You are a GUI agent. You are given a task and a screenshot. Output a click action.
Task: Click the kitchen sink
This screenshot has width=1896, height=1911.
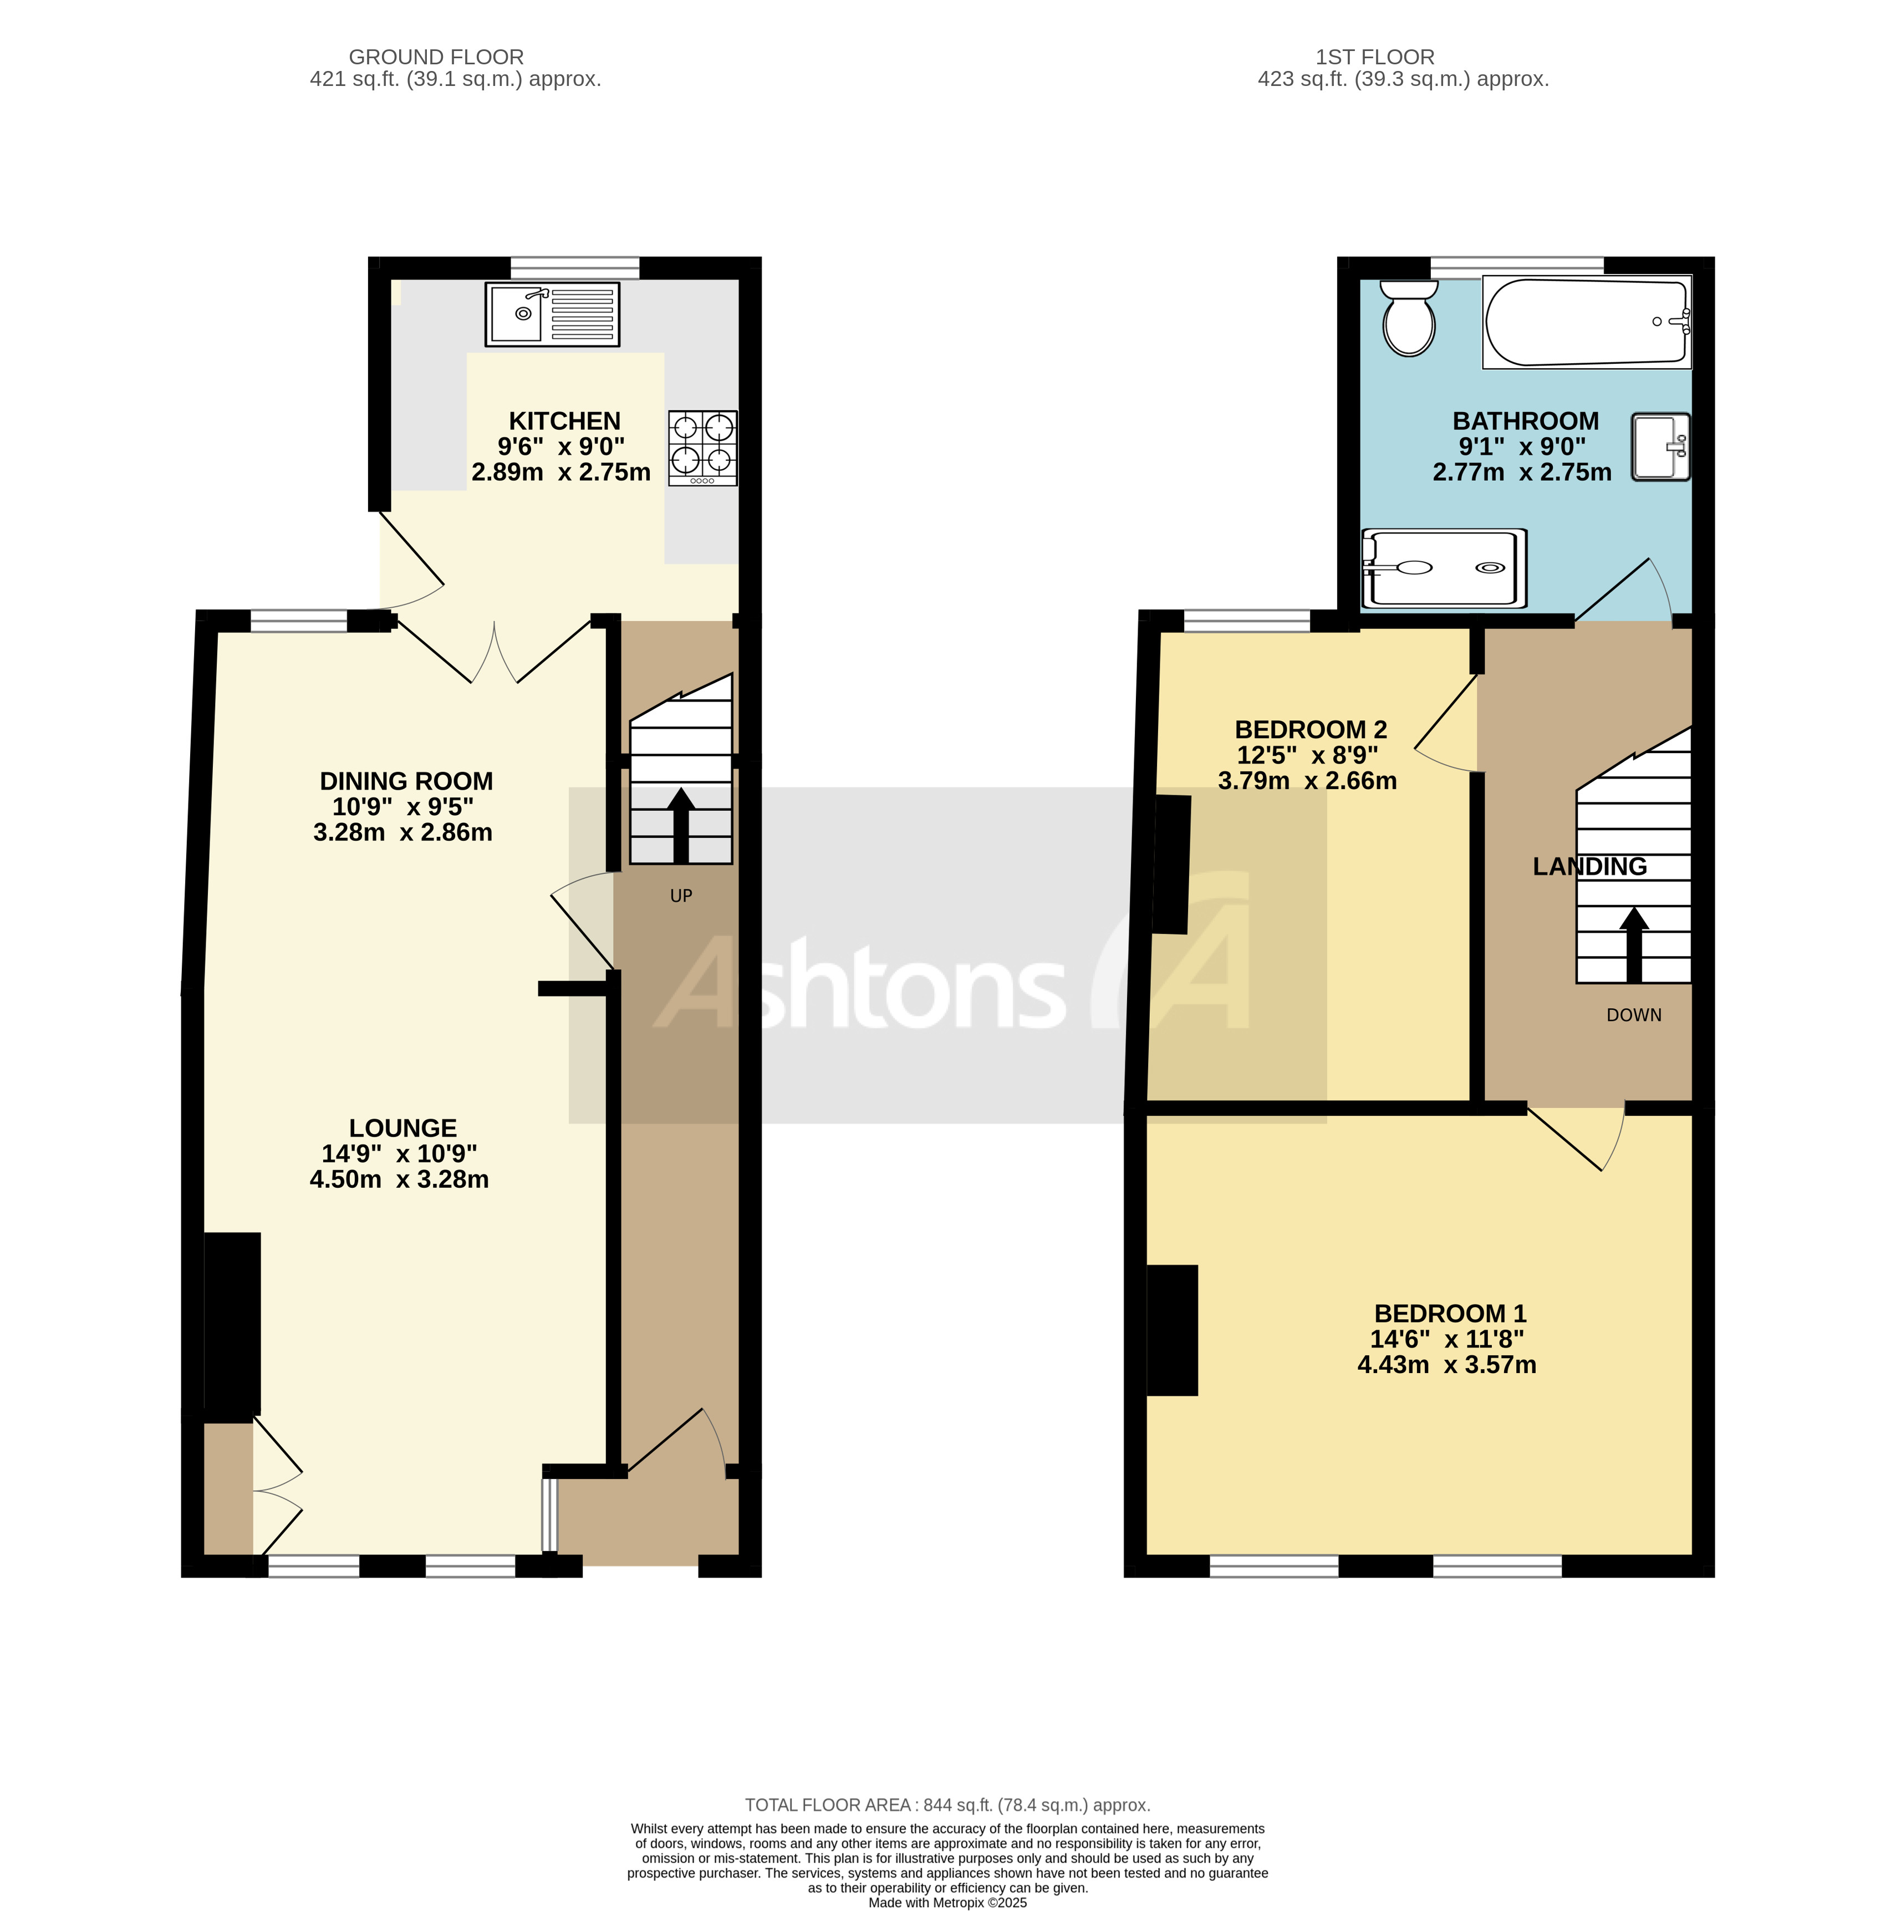[551, 314]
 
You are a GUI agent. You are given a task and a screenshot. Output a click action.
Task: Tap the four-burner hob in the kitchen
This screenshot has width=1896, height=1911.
[702, 447]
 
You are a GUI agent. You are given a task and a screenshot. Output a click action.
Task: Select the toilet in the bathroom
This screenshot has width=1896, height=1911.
[1408, 318]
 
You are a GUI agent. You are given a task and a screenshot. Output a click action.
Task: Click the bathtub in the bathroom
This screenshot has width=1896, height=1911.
[1586, 322]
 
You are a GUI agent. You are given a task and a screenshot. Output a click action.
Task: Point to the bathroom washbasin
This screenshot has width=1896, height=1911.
[1660, 447]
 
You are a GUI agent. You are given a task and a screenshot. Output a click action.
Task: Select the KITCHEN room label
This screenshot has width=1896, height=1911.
[564, 421]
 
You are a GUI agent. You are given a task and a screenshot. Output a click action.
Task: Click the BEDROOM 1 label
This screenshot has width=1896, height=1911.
[1449, 1314]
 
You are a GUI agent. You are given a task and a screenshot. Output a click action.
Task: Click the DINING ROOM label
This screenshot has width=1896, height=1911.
[405, 781]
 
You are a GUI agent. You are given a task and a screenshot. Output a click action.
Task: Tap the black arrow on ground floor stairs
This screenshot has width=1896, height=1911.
[680, 826]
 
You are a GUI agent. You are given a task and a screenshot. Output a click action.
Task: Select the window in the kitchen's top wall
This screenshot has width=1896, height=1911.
[575, 267]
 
